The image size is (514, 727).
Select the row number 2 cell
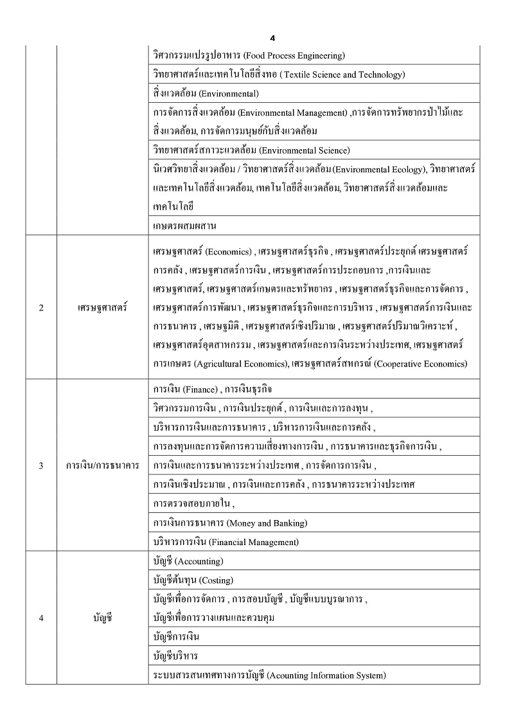tap(41, 307)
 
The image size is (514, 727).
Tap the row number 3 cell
tap(41, 465)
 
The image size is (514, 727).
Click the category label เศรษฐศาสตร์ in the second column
tap(102, 307)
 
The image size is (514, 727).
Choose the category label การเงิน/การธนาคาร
tap(102, 465)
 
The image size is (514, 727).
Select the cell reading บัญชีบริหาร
tap(176, 656)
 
